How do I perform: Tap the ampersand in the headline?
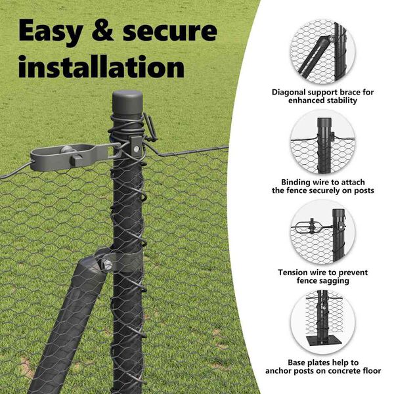(x=103, y=30)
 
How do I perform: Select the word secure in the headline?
(x=170, y=32)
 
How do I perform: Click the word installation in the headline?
(x=102, y=67)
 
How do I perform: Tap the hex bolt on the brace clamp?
(x=107, y=265)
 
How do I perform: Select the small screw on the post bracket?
(x=136, y=149)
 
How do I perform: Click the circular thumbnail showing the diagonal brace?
(x=322, y=51)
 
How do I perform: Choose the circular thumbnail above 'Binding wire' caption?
(x=323, y=142)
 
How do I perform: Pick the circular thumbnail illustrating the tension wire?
(x=323, y=232)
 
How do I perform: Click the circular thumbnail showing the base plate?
(x=323, y=322)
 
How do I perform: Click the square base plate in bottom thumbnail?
(x=323, y=340)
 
